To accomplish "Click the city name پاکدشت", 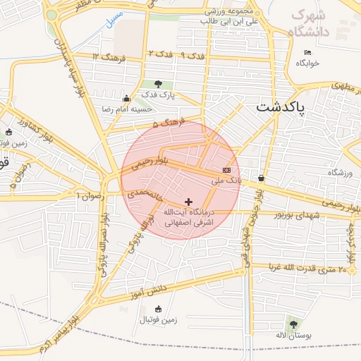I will pos(281,108).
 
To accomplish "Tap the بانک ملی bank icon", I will pos(226,170).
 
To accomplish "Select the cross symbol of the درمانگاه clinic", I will pos(188,202).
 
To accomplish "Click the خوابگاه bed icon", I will pos(307,53).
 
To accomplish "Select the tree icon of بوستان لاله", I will pos(293,324).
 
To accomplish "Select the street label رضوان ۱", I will pos(89,194).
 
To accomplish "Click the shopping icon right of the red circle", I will pos(262,178).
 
